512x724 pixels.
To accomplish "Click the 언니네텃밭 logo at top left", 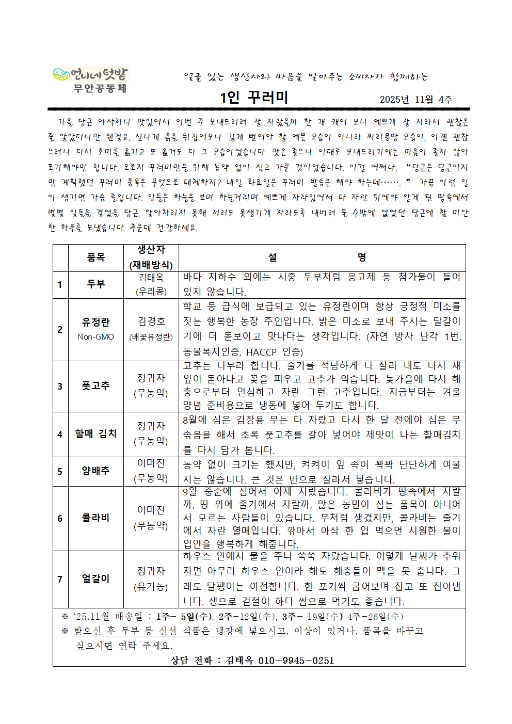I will (90, 74).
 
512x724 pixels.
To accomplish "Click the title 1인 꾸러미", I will (254, 98).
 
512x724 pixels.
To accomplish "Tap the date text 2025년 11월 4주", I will (416, 100).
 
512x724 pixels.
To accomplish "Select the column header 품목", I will (96, 257).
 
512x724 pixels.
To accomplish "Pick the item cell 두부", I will (96, 284).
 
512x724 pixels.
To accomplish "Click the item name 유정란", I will (96, 322).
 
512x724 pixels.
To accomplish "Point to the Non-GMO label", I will (96, 337).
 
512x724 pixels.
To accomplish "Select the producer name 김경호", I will (151, 321).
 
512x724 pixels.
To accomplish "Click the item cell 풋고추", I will (96, 385).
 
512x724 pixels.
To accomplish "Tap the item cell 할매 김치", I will (96, 433).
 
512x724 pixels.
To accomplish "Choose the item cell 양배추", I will (96, 471).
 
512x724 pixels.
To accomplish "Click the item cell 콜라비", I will (96, 518).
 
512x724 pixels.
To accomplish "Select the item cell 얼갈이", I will (96, 578).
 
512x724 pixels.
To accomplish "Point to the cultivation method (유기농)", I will (151, 587).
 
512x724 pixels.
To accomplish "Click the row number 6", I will (60, 518).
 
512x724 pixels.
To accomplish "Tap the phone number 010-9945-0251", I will (296, 661).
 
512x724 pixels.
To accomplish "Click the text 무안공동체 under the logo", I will (100, 88).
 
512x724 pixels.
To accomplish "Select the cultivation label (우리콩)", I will (151, 291).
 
